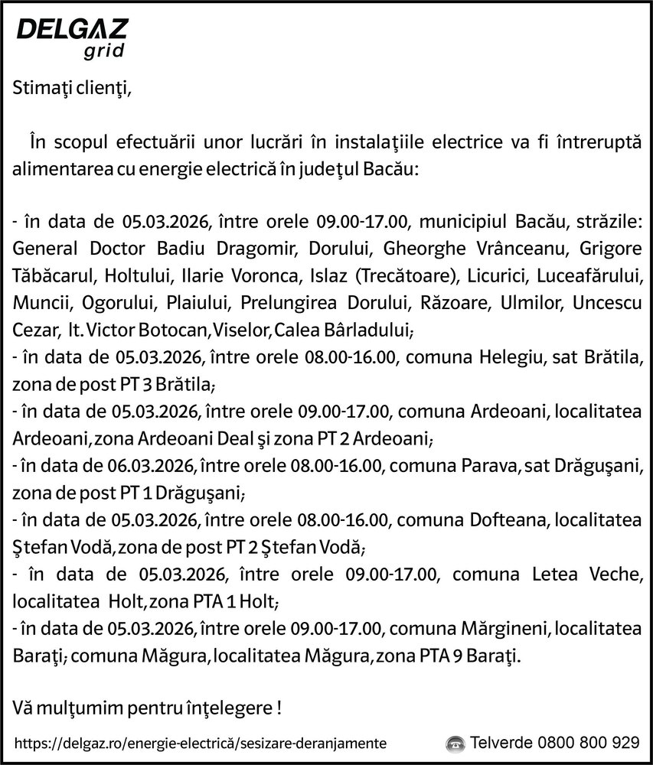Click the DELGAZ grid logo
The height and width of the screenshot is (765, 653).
72,38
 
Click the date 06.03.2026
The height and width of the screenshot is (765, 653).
158,463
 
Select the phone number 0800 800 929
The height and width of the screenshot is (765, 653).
589,743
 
